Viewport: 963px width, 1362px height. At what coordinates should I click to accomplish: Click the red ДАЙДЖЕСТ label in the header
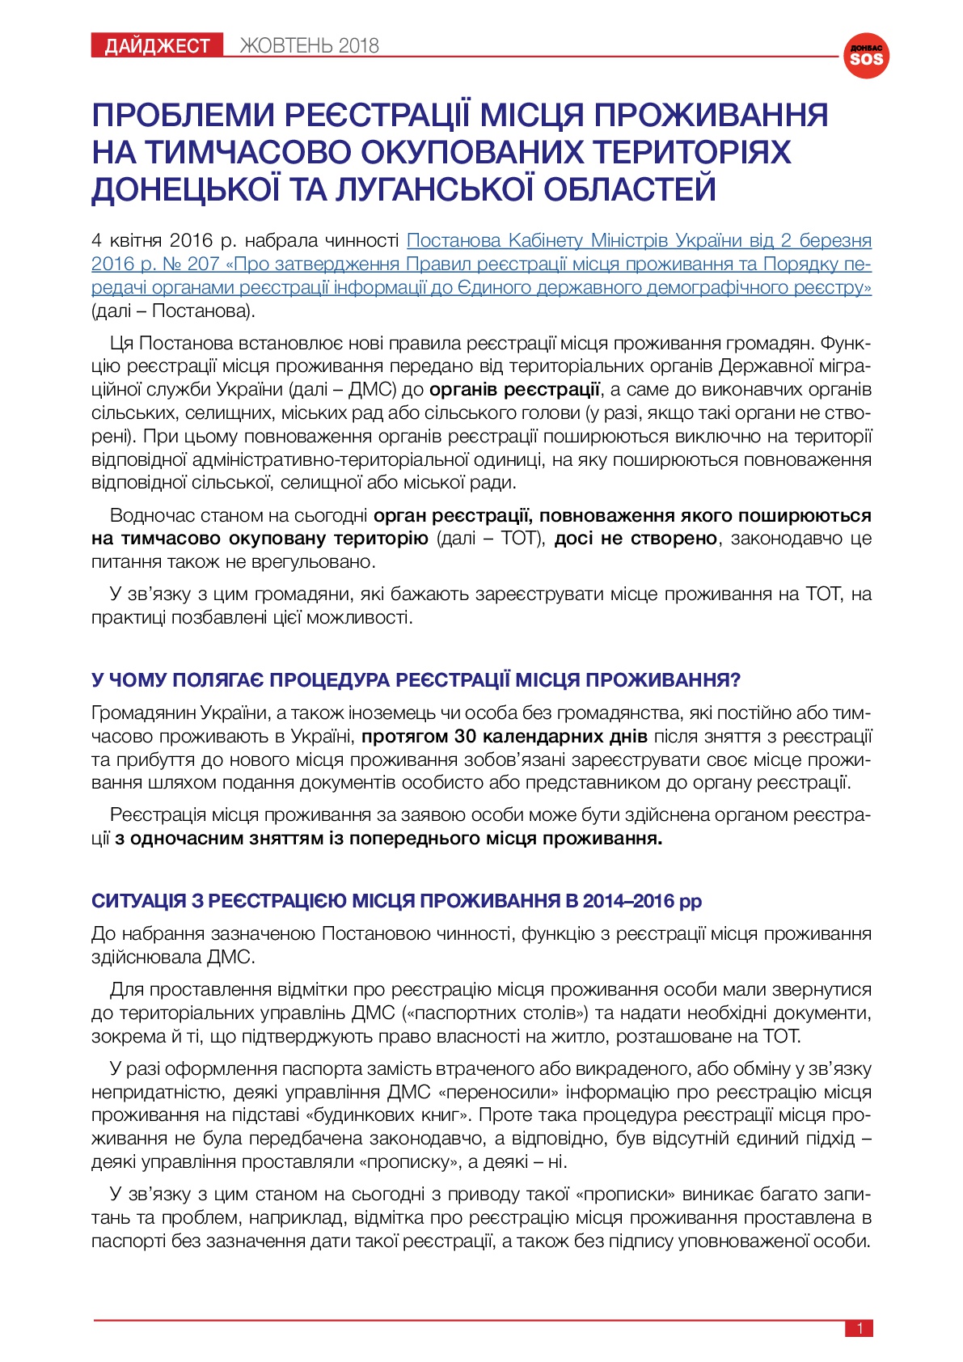pyautogui.click(x=157, y=46)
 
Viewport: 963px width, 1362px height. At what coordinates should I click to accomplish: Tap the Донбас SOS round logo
pyautogui.click(x=866, y=56)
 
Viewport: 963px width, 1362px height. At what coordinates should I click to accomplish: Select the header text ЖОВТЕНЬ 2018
pyautogui.click(x=309, y=46)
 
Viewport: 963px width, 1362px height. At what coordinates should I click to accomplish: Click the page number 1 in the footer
pyautogui.click(x=860, y=1328)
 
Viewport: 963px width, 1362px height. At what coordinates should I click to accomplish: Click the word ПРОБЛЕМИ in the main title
pyautogui.click(x=182, y=115)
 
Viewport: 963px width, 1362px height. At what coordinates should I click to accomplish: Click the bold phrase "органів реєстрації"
pyautogui.click(x=514, y=390)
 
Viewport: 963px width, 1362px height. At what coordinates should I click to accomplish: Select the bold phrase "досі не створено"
pyautogui.click(x=636, y=539)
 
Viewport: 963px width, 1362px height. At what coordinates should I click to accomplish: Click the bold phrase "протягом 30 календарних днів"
pyautogui.click(x=505, y=737)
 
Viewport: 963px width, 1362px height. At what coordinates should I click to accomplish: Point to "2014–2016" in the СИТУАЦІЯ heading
pyautogui.click(x=628, y=901)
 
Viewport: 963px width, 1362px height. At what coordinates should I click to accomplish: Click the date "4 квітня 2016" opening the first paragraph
pyautogui.click(x=152, y=240)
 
